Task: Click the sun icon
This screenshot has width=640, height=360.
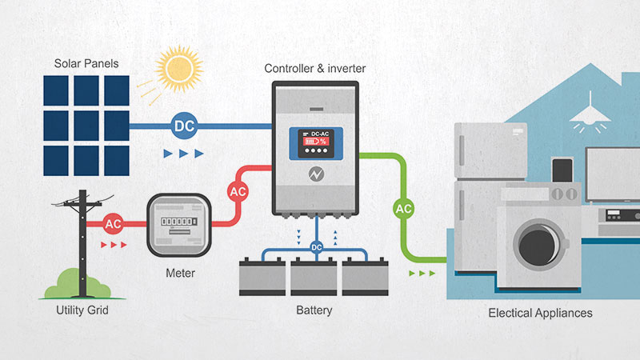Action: click(181, 70)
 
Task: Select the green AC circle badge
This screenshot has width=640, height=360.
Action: click(404, 209)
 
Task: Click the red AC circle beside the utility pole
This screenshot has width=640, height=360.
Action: click(113, 223)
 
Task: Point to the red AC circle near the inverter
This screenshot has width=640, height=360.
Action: click(238, 192)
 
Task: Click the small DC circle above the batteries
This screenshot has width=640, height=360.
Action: click(316, 247)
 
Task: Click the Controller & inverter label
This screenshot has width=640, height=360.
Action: click(315, 69)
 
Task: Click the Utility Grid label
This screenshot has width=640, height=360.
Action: click(82, 310)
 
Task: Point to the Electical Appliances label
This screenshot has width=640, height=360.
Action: click(540, 313)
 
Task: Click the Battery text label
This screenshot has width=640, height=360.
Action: click(314, 310)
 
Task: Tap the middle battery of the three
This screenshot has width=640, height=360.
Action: click(314, 277)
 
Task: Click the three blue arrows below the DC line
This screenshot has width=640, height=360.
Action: click(183, 152)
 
